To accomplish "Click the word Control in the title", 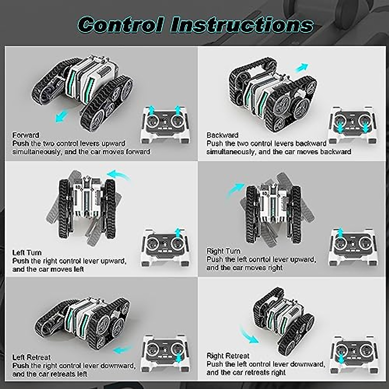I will click(120, 25).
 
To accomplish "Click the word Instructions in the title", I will click(242, 25).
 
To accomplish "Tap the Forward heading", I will click(26, 135).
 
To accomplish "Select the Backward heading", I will click(222, 135).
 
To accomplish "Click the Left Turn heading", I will click(27, 253).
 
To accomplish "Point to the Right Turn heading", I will click(223, 251).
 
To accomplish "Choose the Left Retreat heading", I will click(31, 357).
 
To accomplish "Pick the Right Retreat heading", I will click(228, 356).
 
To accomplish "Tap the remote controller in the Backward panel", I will click(353, 125).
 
